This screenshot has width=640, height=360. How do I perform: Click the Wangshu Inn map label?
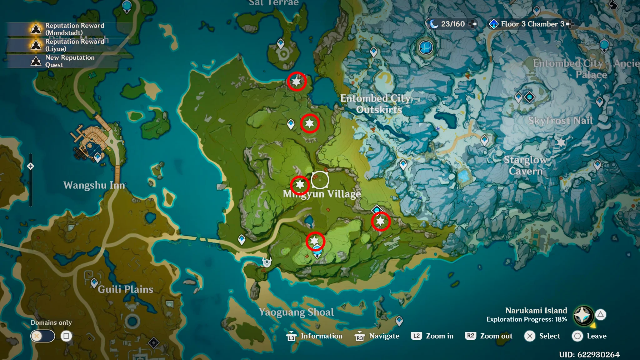[94, 185]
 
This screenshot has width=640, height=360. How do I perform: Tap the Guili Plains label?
[125, 289]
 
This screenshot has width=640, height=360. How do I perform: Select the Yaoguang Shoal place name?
[296, 312]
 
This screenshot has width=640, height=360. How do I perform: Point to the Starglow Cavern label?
[526, 165]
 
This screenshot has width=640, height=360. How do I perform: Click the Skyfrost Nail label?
[560, 121]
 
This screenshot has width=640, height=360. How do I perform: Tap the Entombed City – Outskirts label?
[379, 104]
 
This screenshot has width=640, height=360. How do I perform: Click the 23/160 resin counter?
[452, 24]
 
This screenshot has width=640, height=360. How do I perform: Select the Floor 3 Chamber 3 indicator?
[532, 24]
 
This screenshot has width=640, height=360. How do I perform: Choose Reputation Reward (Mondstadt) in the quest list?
[74, 29]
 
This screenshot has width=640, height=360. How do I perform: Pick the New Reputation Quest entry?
[70, 61]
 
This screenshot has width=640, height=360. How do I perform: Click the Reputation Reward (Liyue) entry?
[74, 45]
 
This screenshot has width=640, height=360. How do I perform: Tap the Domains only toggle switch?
[42, 336]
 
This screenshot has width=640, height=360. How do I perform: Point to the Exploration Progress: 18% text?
[527, 319]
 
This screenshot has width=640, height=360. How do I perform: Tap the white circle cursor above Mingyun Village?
[320, 180]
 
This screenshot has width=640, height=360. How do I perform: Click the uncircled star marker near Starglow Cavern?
[561, 142]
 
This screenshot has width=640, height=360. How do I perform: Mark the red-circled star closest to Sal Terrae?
[296, 82]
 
